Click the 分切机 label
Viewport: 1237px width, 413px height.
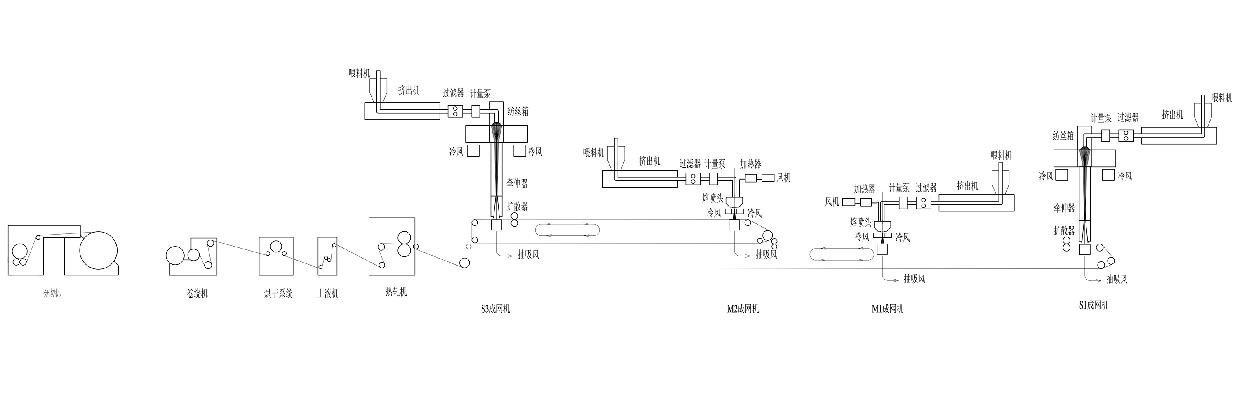[x=52, y=293]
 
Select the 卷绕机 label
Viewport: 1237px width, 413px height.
[x=198, y=293]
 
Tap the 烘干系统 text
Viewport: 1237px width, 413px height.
[x=278, y=293]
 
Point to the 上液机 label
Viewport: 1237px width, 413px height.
[x=328, y=293]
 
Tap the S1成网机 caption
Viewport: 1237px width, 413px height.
[x=1094, y=305]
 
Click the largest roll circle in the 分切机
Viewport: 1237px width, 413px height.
[x=99, y=251]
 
